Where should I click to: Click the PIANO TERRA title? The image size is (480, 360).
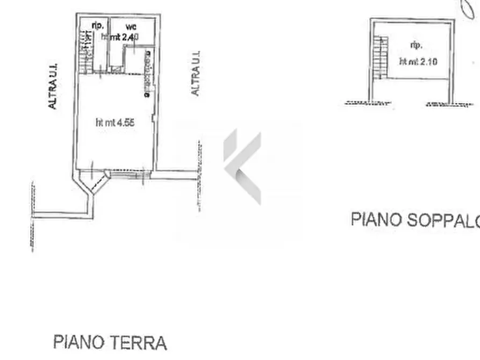click(x=110, y=342)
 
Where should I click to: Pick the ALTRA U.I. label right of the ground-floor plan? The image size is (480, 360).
click(x=196, y=74)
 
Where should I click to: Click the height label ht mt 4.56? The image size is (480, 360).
click(x=114, y=123)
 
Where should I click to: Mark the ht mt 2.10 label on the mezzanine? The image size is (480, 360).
click(x=418, y=61)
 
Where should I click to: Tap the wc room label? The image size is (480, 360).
click(x=131, y=26)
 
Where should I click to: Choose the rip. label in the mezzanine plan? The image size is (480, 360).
click(x=416, y=45)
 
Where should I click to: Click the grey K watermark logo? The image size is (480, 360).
click(x=243, y=167)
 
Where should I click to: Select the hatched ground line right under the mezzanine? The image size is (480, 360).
click(x=449, y=103)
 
